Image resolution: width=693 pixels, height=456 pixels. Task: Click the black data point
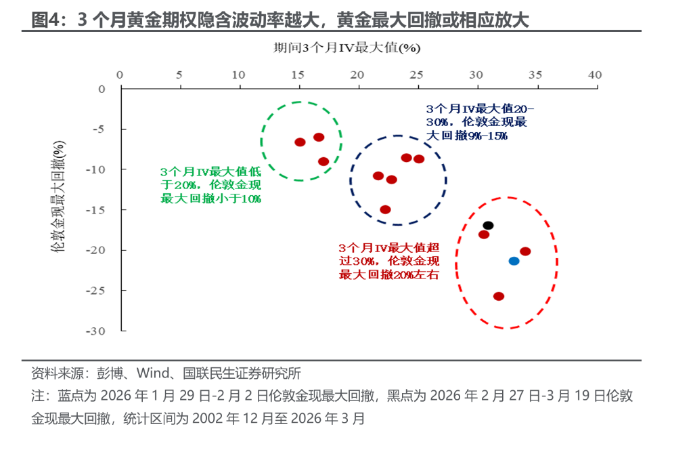[x=488, y=226]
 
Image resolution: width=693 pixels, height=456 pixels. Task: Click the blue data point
[x=514, y=261]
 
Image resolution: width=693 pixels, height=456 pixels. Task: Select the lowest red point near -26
[x=499, y=296]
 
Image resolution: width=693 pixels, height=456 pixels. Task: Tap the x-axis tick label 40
[x=595, y=75]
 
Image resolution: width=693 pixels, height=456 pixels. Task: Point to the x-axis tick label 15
[x=298, y=75]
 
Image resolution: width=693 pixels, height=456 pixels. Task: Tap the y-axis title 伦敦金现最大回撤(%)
[x=59, y=196]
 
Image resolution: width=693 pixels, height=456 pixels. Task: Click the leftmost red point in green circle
[x=300, y=142]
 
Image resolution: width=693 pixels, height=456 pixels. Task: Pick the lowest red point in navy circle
[x=385, y=209]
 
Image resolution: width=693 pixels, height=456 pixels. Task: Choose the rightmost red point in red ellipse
[x=525, y=251]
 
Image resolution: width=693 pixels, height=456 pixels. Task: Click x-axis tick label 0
[x=120, y=75]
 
